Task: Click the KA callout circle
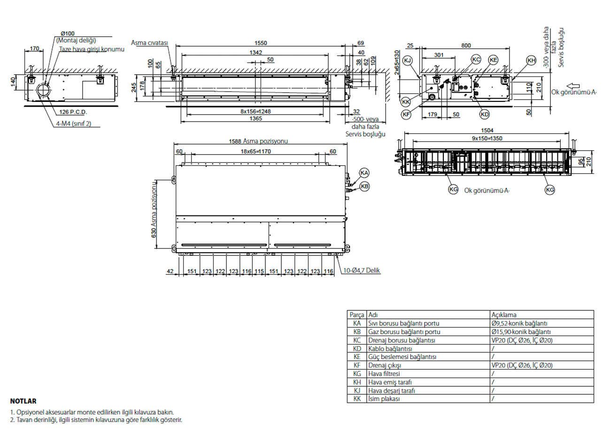tap(364, 173)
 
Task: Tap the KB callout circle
tap(364, 186)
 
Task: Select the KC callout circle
tap(476, 60)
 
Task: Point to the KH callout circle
tap(531, 60)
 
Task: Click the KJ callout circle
tap(407, 61)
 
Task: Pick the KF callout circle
tap(406, 114)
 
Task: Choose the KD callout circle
tap(484, 114)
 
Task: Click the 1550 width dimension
tap(260, 43)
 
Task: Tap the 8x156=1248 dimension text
tap(255, 112)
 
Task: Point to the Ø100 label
tap(68, 33)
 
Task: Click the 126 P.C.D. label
tap(73, 112)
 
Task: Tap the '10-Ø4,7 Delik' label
tap(361, 270)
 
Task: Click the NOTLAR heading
tap(23, 401)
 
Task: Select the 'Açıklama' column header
tap(504, 315)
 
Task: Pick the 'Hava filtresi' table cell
tap(384, 374)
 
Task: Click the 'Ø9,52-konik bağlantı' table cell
tap(519, 323)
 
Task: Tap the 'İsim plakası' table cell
tap(384, 399)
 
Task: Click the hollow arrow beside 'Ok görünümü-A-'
tap(573, 86)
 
